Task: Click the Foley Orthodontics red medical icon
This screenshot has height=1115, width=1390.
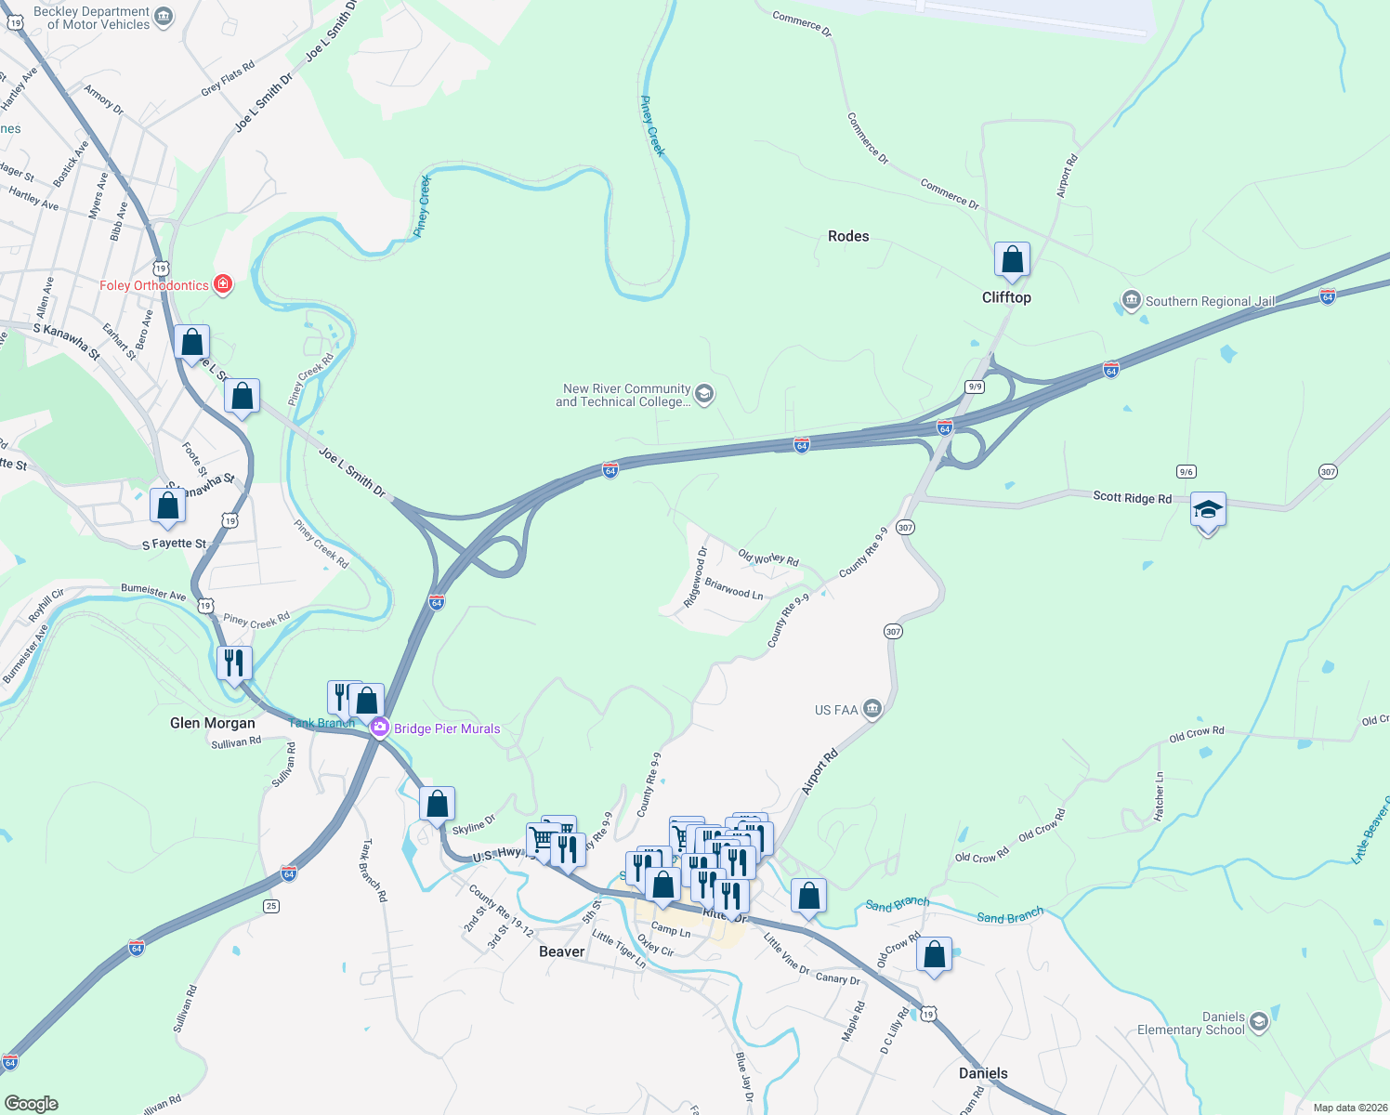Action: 223,284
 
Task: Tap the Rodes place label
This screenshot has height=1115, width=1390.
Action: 848,236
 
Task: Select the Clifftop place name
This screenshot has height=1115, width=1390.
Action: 1006,297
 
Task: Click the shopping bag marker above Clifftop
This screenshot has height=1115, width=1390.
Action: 1012,260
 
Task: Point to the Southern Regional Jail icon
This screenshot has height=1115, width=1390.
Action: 1131,300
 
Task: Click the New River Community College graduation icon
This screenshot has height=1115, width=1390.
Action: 704,395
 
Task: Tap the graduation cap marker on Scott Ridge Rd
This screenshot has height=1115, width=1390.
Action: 1207,510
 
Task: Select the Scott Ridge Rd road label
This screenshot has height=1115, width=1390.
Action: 1132,498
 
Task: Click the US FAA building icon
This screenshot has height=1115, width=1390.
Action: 872,710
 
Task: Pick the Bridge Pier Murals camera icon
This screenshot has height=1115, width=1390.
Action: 379,728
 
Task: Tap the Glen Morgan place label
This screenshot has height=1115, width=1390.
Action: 213,723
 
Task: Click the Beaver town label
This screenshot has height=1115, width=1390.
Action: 562,951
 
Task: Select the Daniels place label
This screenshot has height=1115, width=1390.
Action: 983,1073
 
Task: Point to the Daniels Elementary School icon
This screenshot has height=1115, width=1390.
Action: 1258,1023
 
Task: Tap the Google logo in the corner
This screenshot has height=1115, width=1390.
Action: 32,1103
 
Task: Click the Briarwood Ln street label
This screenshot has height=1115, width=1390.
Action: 734,589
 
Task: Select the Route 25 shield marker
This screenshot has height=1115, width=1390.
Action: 270,906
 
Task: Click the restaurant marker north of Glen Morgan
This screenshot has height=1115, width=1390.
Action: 234,663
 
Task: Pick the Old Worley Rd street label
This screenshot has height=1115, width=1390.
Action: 768,558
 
